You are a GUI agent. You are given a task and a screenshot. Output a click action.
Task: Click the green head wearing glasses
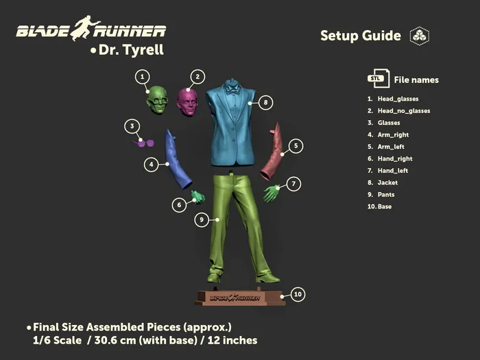pyautogui.click(x=157, y=100)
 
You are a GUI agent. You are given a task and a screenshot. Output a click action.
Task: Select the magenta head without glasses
pyautogui.click(x=187, y=102)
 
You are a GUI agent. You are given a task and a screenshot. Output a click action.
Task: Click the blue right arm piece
pyautogui.click(x=178, y=159)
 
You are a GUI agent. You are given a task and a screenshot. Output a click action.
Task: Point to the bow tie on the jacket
pyautogui.click(x=232, y=91)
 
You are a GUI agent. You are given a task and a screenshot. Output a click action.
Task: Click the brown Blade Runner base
pyautogui.click(x=240, y=297)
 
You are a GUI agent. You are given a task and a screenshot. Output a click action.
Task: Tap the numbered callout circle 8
pyautogui.click(x=266, y=102)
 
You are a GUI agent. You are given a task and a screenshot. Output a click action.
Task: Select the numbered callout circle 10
pyautogui.click(x=298, y=294)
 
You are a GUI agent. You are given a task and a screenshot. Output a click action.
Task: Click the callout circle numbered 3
pyautogui.click(x=132, y=126)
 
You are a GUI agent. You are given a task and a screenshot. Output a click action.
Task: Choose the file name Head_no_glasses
pyautogui.click(x=404, y=111)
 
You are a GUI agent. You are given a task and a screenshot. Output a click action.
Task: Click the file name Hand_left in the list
pyautogui.click(x=393, y=171)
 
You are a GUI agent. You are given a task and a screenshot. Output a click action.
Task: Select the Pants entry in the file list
pyautogui.click(x=386, y=194)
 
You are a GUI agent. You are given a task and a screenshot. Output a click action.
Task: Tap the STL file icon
pyautogui.click(x=379, y=78)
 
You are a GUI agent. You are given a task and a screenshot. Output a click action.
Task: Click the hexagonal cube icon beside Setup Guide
pyautogui.click(x=420, y=36)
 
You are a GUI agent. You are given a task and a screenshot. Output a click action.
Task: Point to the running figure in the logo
pyautogui.click(x=85, y=28)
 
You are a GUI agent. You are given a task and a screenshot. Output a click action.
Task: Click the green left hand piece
pyautogui.click(x=272, y=193)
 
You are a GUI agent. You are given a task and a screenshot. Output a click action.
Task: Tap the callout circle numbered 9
pyautogui.click(x=202, y=219)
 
